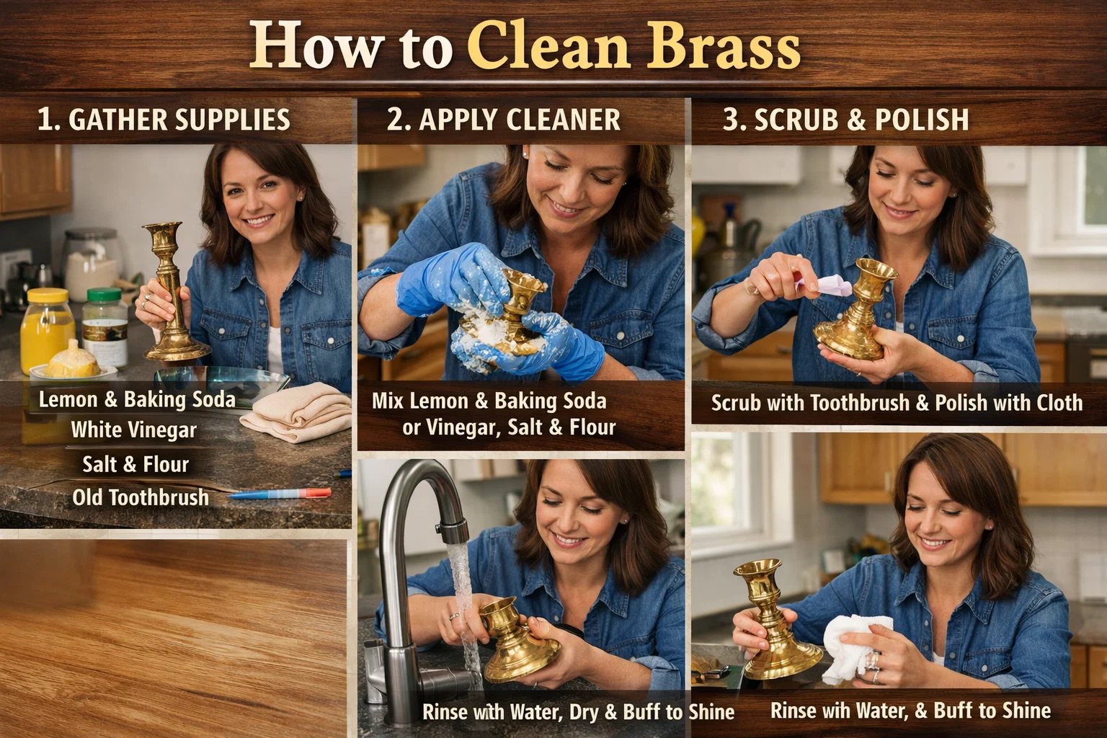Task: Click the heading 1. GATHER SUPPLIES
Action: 164,120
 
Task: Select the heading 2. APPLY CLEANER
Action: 503,120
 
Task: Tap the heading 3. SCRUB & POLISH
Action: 845,120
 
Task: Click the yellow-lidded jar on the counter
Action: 47,328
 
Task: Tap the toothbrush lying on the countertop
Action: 281,494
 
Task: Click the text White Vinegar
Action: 134,431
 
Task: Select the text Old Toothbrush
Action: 141,497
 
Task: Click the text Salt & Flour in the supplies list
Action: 135,464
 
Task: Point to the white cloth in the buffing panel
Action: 854,645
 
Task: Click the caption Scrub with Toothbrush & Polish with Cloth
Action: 897,403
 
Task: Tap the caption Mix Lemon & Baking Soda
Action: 489,401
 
